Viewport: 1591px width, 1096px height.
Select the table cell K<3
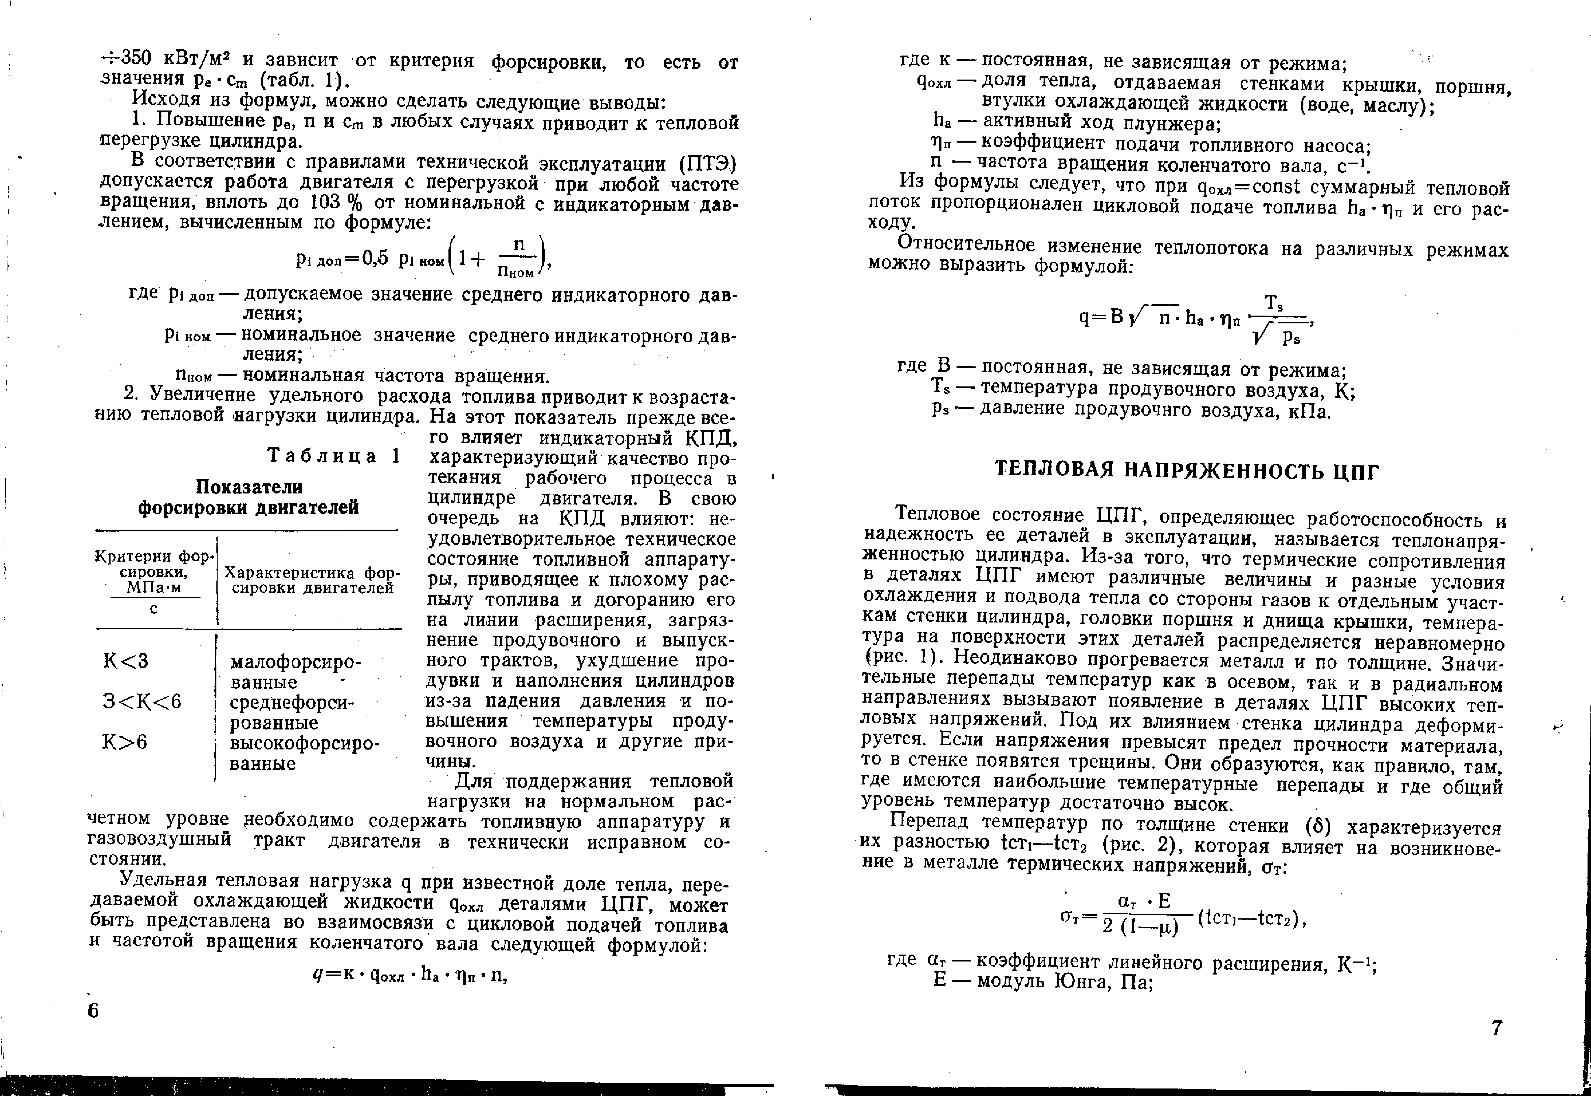tap(126, 661)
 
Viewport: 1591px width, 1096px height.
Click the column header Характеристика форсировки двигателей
tap(312, 580)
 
